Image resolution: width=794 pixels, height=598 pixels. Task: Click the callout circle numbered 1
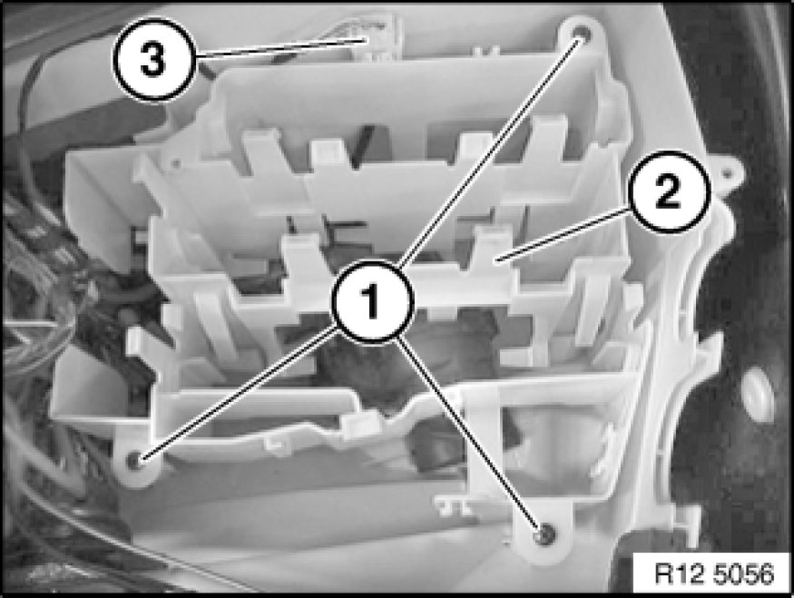point(373,302)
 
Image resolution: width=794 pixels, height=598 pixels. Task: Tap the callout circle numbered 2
point(668,191)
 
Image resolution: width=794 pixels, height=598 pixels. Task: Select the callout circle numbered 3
point(153,59)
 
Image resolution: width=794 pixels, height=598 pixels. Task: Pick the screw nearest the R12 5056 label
point(544,534)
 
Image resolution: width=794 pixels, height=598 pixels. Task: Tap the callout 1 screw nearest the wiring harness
point(135,460)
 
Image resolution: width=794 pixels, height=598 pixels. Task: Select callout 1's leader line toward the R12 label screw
point(469,436)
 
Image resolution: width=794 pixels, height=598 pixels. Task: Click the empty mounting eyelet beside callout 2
point(728,174)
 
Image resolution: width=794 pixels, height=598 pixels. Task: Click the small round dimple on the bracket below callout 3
point(175,163)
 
